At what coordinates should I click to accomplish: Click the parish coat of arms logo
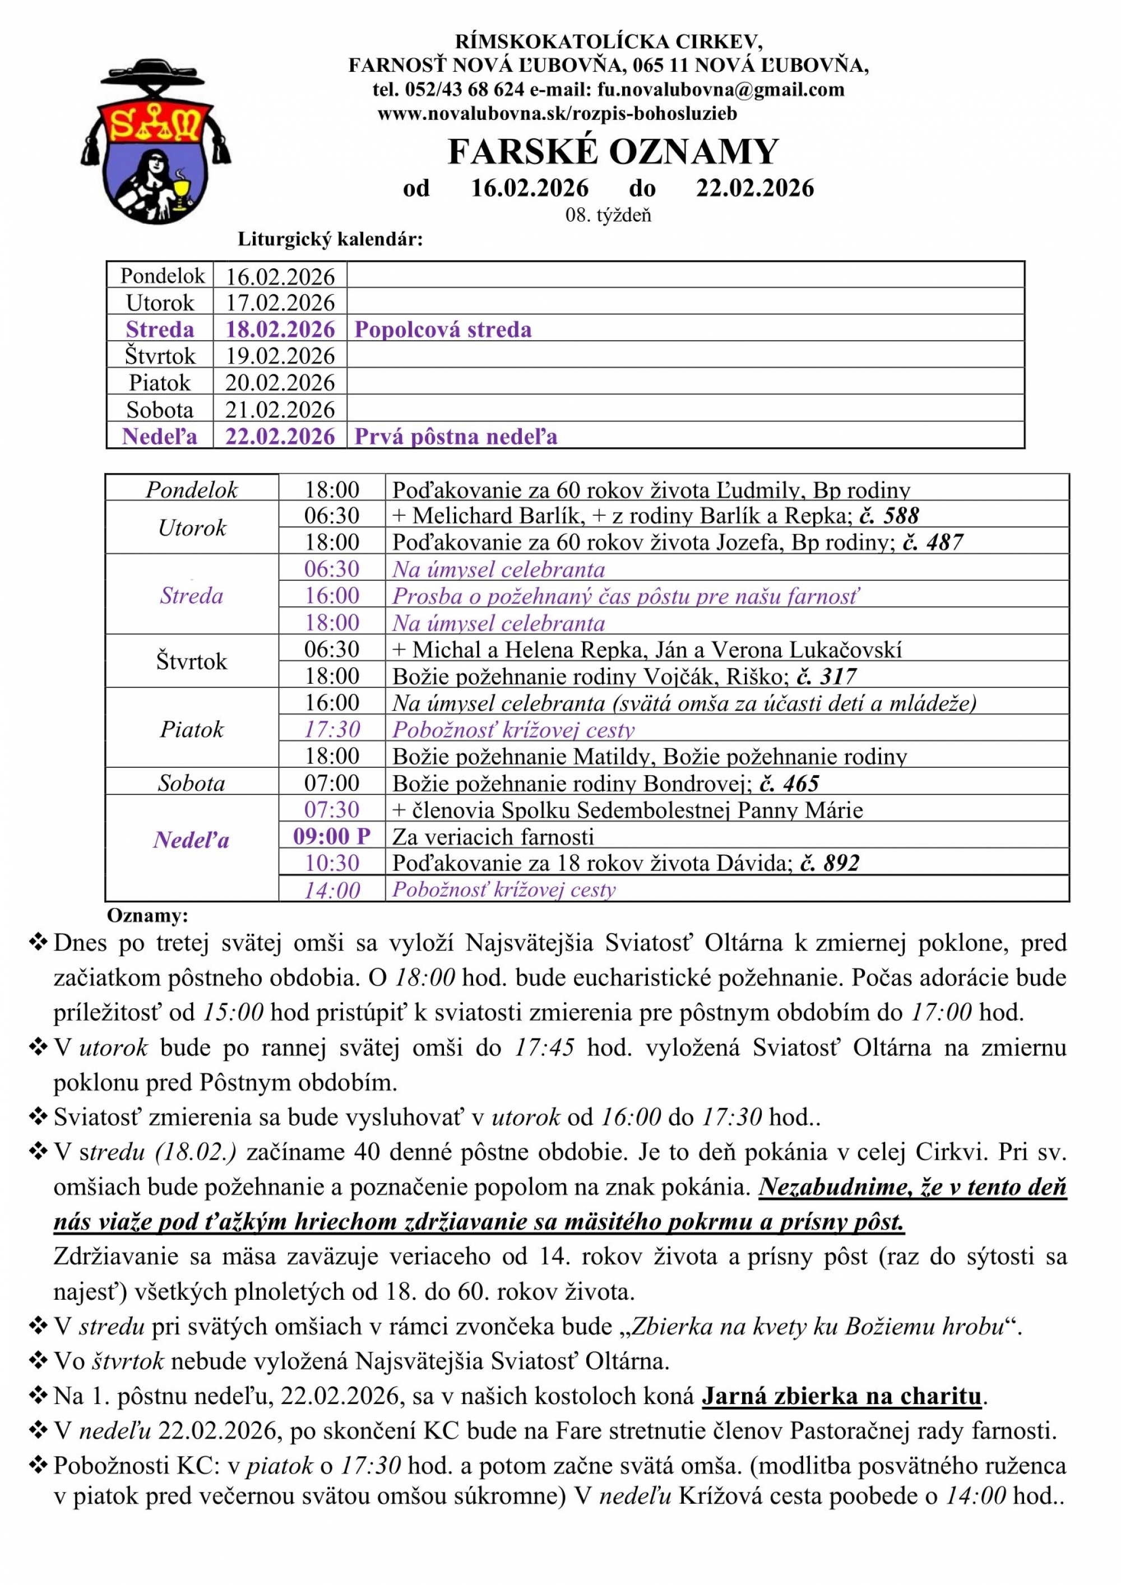156,141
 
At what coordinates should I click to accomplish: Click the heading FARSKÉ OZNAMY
613,152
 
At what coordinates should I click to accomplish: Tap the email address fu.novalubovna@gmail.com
721,90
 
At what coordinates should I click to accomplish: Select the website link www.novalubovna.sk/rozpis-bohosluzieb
557,114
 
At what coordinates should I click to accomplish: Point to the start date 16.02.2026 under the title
530,188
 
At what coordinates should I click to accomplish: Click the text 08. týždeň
608,215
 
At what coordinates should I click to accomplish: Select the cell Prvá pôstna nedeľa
456,436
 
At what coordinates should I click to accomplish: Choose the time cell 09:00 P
332,837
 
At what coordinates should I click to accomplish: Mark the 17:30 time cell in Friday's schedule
332,730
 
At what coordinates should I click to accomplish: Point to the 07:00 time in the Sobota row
332,783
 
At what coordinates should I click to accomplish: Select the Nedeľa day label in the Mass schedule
191,840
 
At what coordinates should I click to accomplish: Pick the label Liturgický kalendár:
330,239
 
